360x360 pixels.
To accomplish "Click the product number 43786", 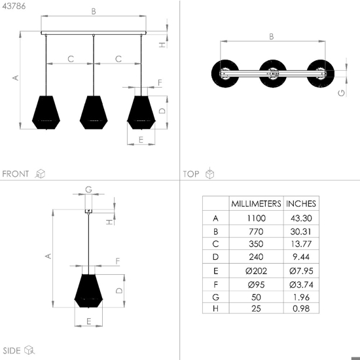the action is coord(14,6).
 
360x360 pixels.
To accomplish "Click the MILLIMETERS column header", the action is coord(256,204).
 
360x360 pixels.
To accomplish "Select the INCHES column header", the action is coord(301,204).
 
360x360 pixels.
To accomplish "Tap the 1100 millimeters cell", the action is coord(256,218).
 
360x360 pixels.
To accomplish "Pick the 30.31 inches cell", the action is coord(301,232).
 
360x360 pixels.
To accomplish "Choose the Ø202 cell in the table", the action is coord(256,271).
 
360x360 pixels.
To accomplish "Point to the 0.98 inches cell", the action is coord(301,308).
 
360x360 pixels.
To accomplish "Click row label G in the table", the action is coord(215,297).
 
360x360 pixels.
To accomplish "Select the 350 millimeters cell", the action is coord(256,244).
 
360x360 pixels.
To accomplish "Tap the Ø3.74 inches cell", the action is coord(301,285).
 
